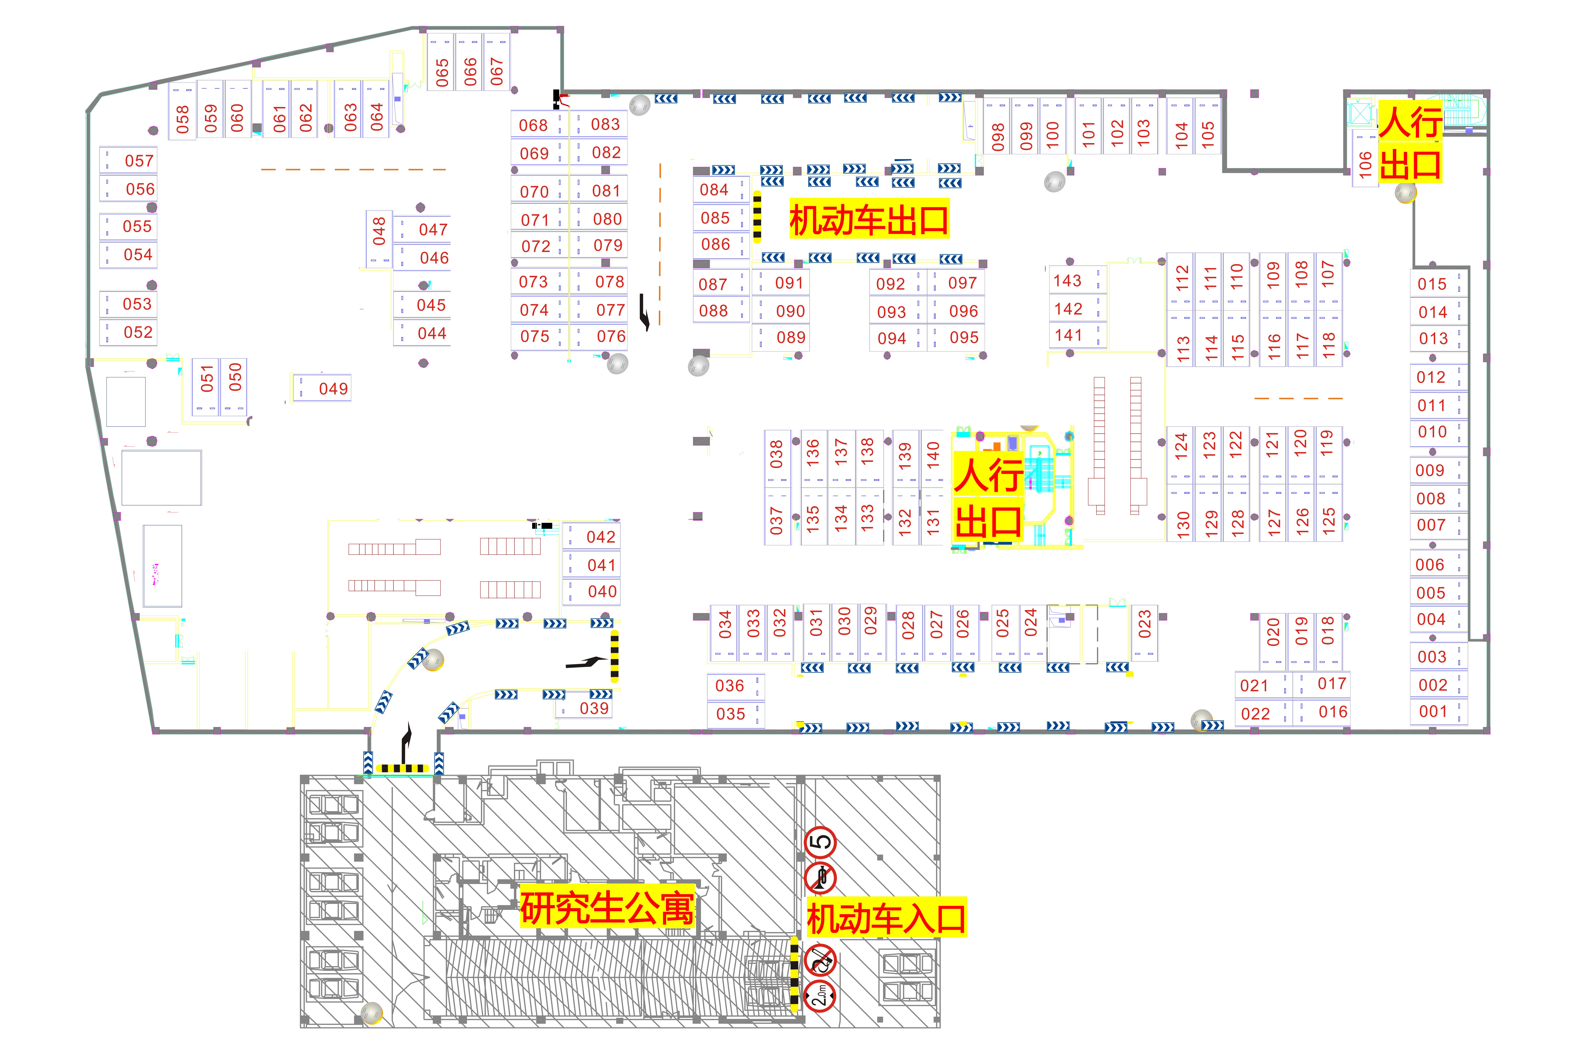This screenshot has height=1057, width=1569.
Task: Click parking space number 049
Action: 322,388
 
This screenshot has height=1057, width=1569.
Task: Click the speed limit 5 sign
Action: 821,842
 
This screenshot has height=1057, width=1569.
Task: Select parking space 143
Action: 1077,280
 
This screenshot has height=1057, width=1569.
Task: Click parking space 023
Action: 1144,632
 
